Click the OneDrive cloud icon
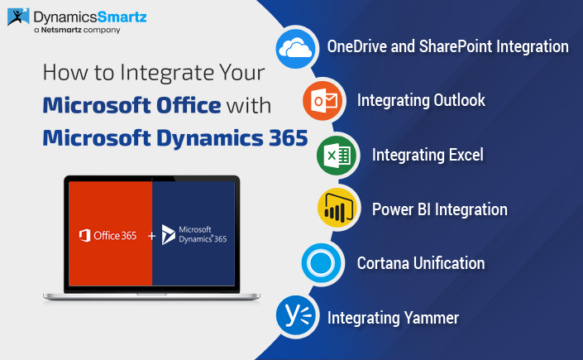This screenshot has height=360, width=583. (296, 48)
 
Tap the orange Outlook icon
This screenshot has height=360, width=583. (323, 100)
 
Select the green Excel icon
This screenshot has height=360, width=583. (337, 156)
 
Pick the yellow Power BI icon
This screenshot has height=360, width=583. (337, 208)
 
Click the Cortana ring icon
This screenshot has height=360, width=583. (321, 263)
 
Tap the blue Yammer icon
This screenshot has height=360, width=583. (296, 315)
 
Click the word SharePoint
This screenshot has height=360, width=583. (456, 47)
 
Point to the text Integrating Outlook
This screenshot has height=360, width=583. (421, 100)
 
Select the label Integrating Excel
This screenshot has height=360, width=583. (428, 155)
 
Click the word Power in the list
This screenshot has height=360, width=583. (393, 209)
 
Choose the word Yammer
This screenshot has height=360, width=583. (432, 319)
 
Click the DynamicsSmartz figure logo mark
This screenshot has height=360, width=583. (18, 17)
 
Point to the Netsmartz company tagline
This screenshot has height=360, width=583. (77, 30)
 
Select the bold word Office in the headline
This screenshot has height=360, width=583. (189, 105)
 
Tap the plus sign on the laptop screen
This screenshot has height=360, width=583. (151, 236)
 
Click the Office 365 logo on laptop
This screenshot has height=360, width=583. (108, 236)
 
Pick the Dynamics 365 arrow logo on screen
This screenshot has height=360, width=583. (168, 234)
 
